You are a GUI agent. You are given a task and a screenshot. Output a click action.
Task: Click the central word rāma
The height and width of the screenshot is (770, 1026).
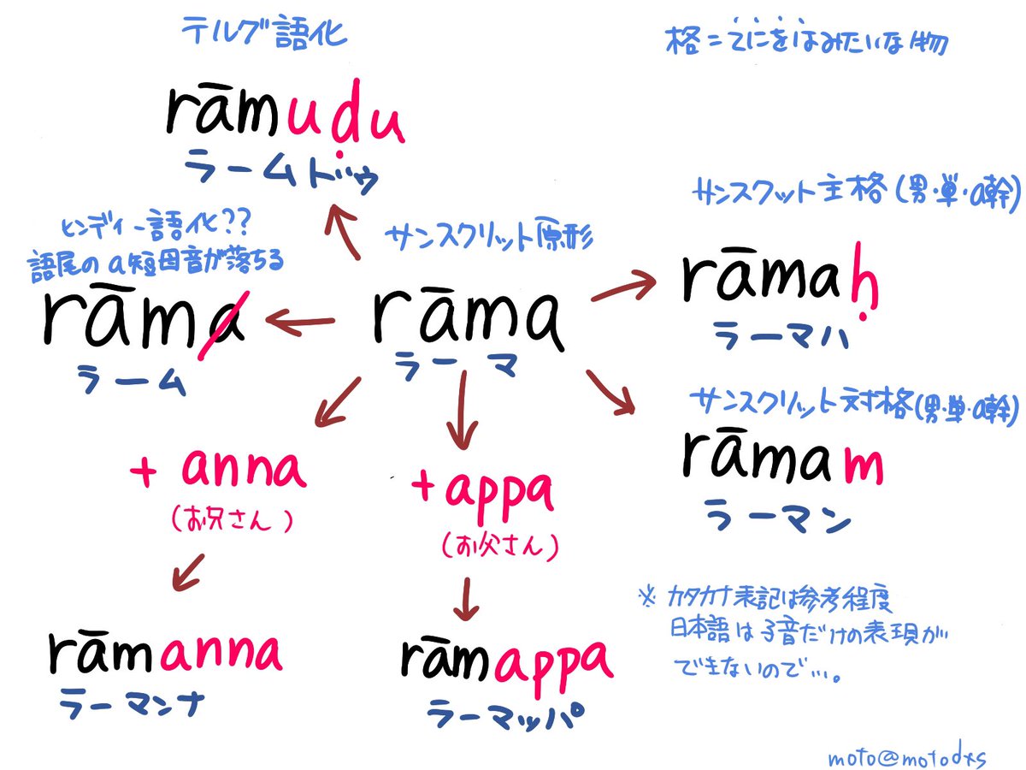coord(469,318)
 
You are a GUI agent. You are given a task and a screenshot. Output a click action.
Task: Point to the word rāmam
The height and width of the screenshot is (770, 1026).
coord(782,463)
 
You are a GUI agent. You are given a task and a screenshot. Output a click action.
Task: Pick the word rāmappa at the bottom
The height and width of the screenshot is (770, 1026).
coord(506,659)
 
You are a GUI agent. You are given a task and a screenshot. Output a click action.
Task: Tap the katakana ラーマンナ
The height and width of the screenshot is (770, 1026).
coord(142,707)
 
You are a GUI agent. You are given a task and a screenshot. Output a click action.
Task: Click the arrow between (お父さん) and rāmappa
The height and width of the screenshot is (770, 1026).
coord(465,596)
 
